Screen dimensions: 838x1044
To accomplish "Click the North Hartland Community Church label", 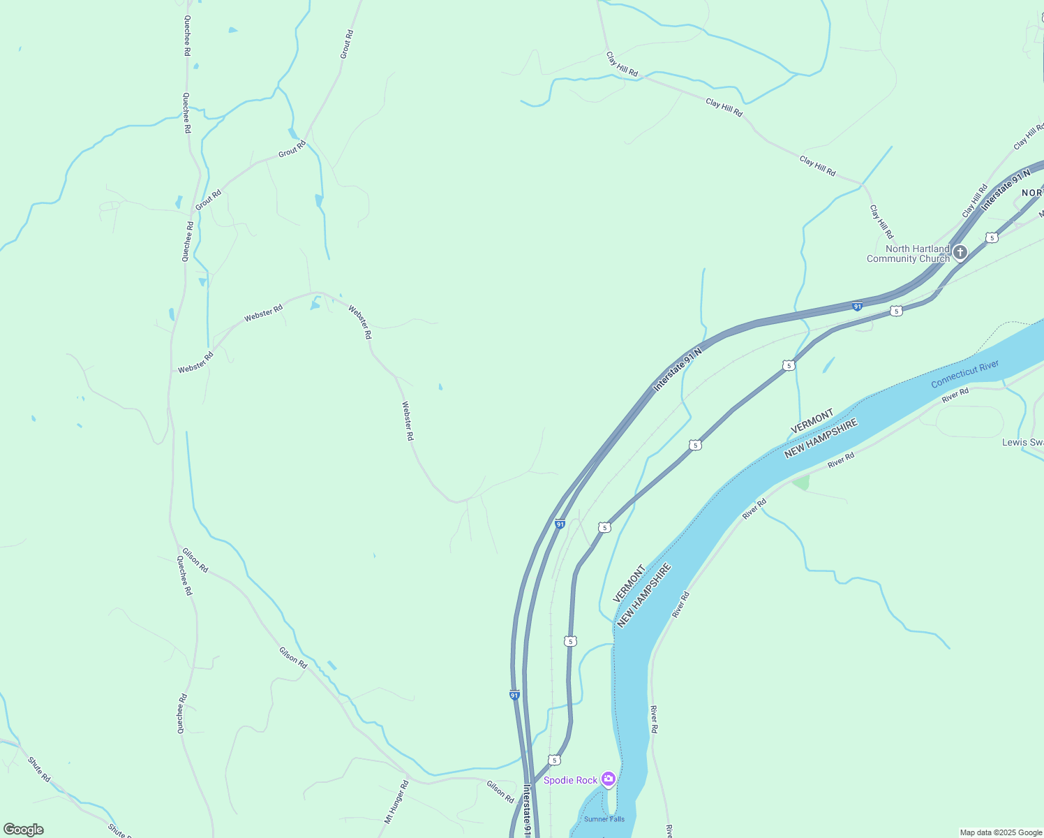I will point(908,253).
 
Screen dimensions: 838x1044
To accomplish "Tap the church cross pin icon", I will point(960,252).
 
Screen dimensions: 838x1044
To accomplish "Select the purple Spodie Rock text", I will point(570,780).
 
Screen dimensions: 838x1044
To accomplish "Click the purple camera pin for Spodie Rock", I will point(609,779).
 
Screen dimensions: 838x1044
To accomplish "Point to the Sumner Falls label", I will point(604,819).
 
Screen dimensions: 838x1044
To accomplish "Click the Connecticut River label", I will point(964,374).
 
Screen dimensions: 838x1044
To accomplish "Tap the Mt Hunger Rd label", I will point(396,802).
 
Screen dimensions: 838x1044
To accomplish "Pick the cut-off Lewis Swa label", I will point(1022,442).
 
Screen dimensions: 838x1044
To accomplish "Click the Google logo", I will point(23,829).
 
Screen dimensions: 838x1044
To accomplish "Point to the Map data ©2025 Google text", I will point(1001,832).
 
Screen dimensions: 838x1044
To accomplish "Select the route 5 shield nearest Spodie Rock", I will point(554,760).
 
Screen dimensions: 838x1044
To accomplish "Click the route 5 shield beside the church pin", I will point(992,237).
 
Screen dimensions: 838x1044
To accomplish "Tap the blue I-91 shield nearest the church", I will point(857,307).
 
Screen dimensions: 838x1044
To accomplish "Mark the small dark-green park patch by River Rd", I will point(801,482).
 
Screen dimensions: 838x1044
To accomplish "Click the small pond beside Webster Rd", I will point(315,304).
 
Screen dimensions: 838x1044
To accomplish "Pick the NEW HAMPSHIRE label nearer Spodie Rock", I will point(644,596).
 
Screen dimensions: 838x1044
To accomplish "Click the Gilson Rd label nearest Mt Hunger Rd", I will point(500,791).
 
